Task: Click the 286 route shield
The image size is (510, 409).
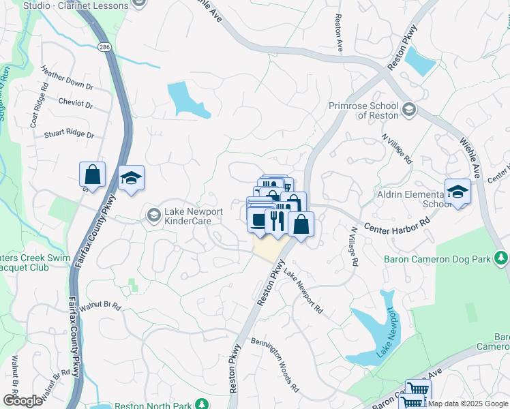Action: [x=104, y=47]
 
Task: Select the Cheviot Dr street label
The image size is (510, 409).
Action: [x=75, y=104]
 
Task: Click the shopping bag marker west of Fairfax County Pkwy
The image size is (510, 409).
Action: [x=93, y=175]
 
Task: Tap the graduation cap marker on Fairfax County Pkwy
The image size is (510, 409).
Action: [x=131, y=179]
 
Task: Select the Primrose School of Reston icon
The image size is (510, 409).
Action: [x=408, y=110]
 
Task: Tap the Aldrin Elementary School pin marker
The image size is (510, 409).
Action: [x=457, y=192]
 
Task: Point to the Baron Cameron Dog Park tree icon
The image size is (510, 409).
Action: [x=501, y=258]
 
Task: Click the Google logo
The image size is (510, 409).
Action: [x=22, y=400]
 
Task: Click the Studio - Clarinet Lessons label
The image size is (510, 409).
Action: [x=75, y=5]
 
